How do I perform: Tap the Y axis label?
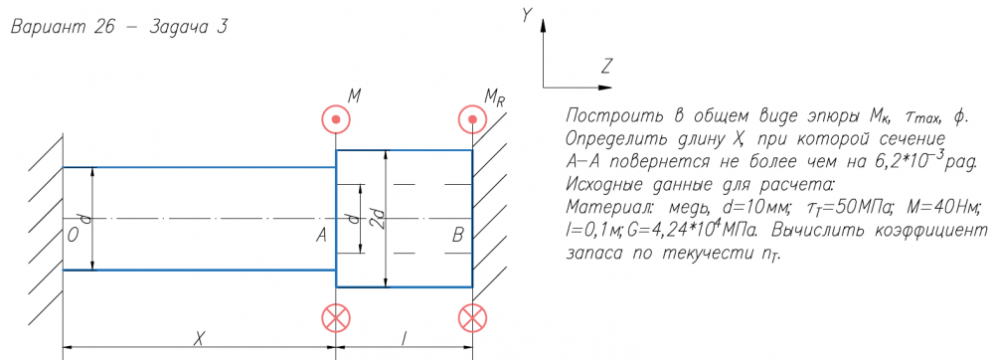click(x=526, y=15)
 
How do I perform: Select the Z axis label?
click(x=606, y=66)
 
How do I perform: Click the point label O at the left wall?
click(x=73, y=236)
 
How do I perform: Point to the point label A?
click(x=321, y=236)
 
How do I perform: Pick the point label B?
click(x=457, y=236)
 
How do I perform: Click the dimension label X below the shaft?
click(x=199, y=339)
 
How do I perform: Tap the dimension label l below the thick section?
click(x=404, y=339)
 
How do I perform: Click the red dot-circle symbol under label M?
click(x=336, y=119)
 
